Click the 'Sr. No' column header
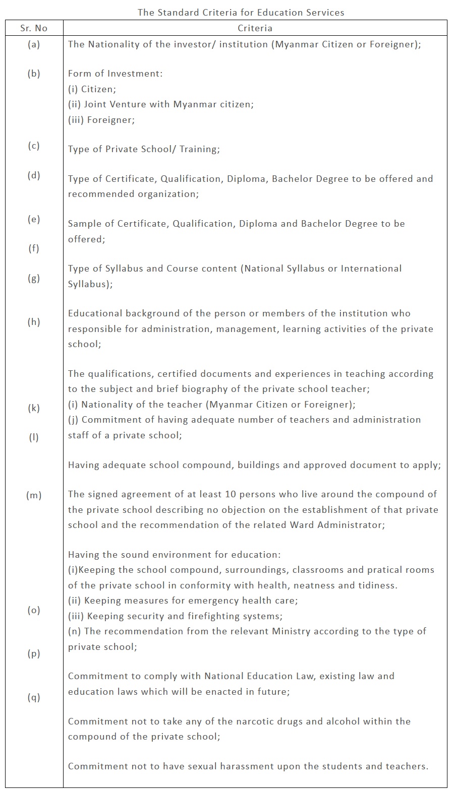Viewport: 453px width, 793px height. tap(34, 28)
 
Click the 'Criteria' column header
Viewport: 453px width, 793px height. tap(255, 28)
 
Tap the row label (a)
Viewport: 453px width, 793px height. tap(34, 44)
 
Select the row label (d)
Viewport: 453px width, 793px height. tap(34, 175)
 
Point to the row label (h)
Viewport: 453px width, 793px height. tap(34, 322)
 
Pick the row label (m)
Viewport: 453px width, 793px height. tap(34, 496)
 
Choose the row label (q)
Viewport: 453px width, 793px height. tap(34, 698)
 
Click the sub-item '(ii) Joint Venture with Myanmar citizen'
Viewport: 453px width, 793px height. tap(161, 104)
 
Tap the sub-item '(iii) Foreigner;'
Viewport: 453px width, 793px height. tap(101, 120)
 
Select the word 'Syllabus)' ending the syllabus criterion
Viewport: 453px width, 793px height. tap(90, 284)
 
